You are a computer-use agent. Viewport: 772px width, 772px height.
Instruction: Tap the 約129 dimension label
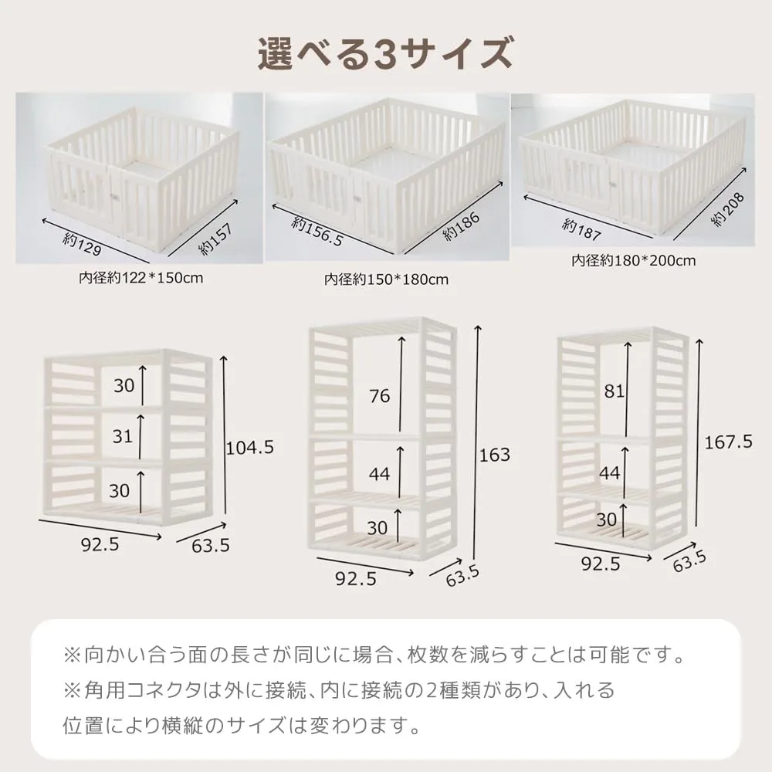tap(83, 245)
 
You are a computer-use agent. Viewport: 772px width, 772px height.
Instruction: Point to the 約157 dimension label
tap(215, 239)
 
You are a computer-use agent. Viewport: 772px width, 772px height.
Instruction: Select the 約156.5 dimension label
tap(317, 232)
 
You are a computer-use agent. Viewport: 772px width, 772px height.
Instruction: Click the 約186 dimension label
tap(462, 226)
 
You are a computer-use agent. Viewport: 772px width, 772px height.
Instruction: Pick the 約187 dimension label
tap(581, 230)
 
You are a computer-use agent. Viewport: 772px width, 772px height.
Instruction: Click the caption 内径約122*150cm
tap(141, 278)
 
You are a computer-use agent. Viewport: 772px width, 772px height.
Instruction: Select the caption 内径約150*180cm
tap(387, 279)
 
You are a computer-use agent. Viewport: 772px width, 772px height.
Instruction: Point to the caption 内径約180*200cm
tap(634, 260)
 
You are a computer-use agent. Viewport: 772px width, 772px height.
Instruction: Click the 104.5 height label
tap(249, 448)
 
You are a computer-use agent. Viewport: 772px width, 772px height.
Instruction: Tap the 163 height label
tap(495, 455)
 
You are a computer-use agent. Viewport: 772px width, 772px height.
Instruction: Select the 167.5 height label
tap(728, 442)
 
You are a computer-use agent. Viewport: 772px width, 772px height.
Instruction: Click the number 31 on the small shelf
tap(123, 436)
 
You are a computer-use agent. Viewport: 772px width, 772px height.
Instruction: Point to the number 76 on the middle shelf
tap(380, 396)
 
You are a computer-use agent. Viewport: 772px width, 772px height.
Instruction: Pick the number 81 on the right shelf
tap(614, 391)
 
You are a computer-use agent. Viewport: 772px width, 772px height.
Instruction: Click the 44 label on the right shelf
tap(610, 473)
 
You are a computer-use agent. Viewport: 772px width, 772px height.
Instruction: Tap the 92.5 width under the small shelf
tap(100, 544)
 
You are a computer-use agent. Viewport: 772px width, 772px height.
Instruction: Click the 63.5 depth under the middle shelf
tap(462, 576)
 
